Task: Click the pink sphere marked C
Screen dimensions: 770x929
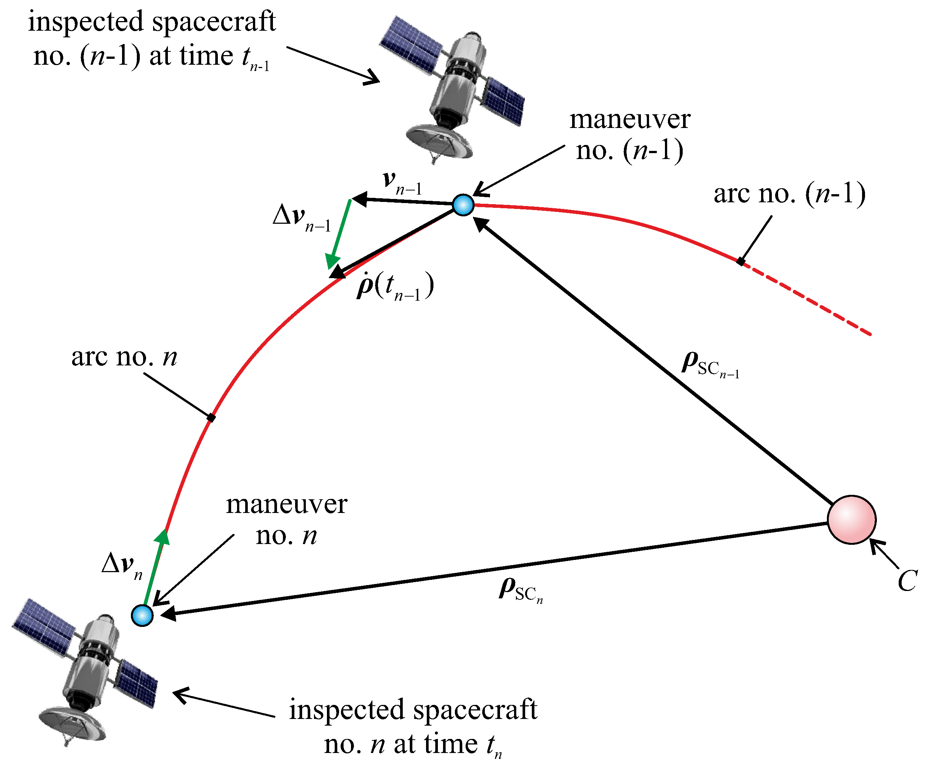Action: pyautogui.click(x=851, y=519)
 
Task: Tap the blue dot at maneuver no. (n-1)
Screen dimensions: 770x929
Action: pyautogui.click(x=463, y=205)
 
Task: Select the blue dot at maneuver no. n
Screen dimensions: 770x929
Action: pyautogui.click(x=142, y=615)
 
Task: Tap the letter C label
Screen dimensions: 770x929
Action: pyautogui.click(x=907, y=580)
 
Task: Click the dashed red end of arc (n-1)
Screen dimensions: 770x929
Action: pyautogui.click(x=810, y=300)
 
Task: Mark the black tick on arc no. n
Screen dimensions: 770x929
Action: pyautogui.click(x=212, y=418)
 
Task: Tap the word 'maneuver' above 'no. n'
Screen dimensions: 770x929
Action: pyautogui.click(x=287, y=504)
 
